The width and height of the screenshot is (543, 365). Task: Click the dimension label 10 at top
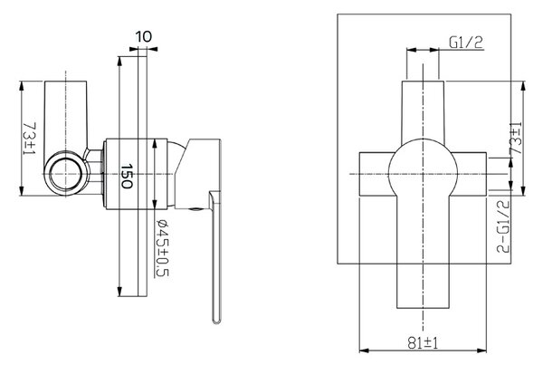[144, 36]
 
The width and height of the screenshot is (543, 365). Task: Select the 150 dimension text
[127, 176]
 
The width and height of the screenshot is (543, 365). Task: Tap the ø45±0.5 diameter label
[162, 248]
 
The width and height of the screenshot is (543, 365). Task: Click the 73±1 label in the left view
[29, 139]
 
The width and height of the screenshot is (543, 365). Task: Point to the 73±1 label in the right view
[516, 139]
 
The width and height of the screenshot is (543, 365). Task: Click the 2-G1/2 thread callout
[503, 226]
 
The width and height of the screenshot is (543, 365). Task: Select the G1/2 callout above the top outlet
[466, 43]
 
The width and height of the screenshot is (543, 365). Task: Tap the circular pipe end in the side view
[66, 173]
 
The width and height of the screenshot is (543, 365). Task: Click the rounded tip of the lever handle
[216, 321]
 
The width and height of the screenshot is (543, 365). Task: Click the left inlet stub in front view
[375, 174]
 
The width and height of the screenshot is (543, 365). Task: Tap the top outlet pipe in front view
[423, 111]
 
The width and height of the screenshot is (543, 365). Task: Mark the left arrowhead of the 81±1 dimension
[364, 351]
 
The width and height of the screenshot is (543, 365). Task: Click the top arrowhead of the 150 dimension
[119, 61]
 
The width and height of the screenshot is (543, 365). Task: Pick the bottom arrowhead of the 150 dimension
[119, 292]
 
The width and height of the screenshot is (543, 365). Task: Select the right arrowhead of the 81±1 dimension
[482, 351]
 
